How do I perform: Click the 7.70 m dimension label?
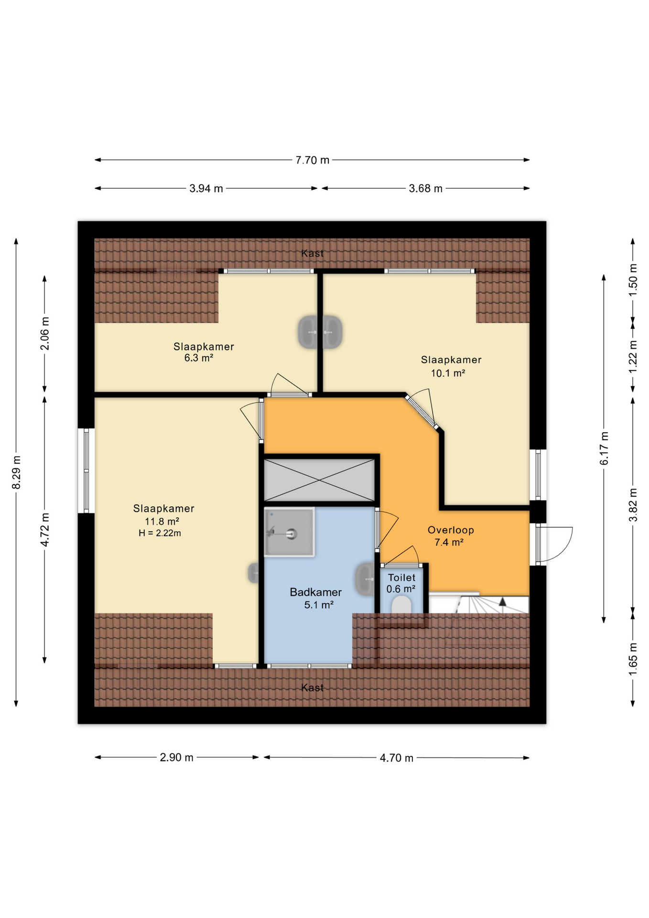tap(312, 160)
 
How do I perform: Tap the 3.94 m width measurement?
tap(206, 188)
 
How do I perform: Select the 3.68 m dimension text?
tap(425, 188)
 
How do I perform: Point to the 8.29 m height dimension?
tap(16, 472)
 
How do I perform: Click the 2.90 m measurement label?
tap(176, 757)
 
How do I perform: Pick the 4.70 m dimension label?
tap(396, 758)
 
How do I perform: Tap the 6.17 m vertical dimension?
tap(605, 448)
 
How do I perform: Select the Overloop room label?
tap(451, 530)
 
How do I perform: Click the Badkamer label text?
tap(315, 592)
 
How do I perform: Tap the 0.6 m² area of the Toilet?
tap(401, 589)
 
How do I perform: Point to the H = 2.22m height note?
tap(160, 533)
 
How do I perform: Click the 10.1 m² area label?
tap(448, 373)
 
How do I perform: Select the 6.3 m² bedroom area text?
tap(199, 358)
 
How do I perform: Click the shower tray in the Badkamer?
tap(289, 532)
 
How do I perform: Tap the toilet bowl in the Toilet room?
tap(401, 605)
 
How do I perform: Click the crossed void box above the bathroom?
tap(319, 480)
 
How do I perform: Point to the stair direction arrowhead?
tap(502, 602)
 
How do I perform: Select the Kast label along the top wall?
tap(312, 253)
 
